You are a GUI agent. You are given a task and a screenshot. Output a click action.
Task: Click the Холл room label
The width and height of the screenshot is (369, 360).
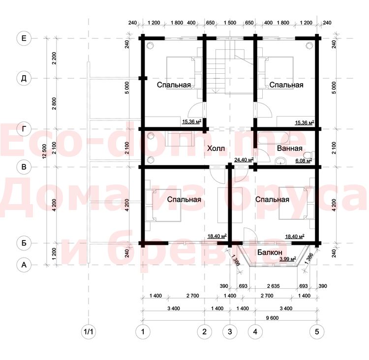[216, 149]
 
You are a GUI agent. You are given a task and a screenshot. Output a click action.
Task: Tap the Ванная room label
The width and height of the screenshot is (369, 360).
[290, 149]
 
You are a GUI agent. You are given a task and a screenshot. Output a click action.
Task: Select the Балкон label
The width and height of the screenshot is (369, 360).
[270, 252]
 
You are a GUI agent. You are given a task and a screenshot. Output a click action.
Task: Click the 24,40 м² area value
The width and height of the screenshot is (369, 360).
[244, 160]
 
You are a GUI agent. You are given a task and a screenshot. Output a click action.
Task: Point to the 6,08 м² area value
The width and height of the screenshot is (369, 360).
[304, 161]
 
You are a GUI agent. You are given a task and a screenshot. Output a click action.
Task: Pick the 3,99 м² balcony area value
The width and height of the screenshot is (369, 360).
[288, 259]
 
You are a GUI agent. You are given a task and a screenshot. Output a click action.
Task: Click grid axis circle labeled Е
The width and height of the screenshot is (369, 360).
[24, 38]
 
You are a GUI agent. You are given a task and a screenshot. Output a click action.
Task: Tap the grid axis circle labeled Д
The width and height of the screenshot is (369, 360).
[24, 78]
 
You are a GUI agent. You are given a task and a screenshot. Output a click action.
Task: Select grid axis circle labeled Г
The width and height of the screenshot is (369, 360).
[24, 129]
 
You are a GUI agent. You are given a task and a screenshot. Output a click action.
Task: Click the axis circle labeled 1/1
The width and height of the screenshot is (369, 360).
[89, 332]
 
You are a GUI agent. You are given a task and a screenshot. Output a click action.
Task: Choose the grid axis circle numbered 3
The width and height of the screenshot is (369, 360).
[230, 332]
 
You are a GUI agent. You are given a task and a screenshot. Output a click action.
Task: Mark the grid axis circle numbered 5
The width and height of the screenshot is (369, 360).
[317, 332]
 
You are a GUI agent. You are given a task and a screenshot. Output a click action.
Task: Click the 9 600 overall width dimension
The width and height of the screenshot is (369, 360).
[272, 318]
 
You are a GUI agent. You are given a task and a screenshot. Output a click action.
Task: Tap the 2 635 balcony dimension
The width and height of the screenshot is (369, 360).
[274, 286]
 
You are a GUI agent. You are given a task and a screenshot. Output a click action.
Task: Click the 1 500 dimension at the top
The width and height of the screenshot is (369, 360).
[230, 23]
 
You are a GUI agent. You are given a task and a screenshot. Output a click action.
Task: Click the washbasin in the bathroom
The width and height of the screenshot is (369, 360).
[280, 161]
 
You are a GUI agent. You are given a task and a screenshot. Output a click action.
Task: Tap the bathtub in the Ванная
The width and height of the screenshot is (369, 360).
[274, 138]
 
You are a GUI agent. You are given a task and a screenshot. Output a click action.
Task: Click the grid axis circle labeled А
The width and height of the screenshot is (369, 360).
[24, 265]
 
